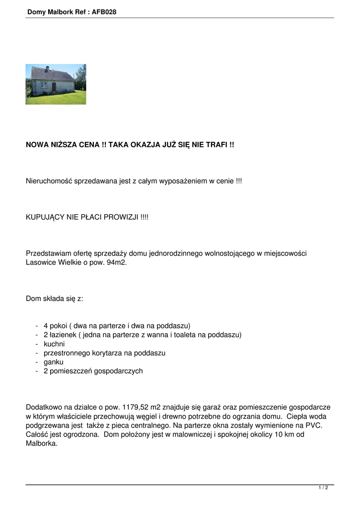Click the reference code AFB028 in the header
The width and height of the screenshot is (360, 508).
click(x=104, y=12)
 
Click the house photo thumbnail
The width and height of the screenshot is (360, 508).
click(x=56, y=84)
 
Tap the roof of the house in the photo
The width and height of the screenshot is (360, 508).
click(x=52, y=74)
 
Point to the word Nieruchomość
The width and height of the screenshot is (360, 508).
click(x=49, y=182)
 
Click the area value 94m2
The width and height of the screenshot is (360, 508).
click(x=117, y=262)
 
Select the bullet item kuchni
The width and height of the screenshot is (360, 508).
click(x=54, y=344)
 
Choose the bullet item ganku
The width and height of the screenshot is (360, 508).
click(x=54, y=362)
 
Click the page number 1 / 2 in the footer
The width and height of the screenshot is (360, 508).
click(x=323, y=488)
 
